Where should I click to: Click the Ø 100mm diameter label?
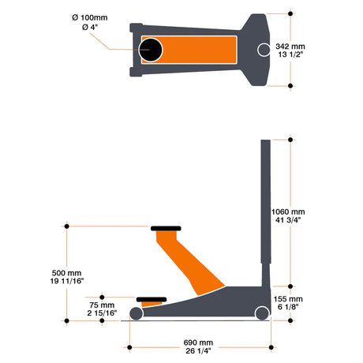point(90,17)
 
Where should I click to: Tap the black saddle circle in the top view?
point(151,50)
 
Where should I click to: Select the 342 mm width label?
point(290,47)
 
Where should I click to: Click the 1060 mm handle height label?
point(288,211)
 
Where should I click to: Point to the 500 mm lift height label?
point(66,273)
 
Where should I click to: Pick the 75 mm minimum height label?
point(102,305)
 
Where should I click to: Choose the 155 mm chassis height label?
point(288,299)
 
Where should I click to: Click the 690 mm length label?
point(198,342)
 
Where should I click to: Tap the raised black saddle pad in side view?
point(166,228)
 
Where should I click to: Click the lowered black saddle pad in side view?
point(152,299)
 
